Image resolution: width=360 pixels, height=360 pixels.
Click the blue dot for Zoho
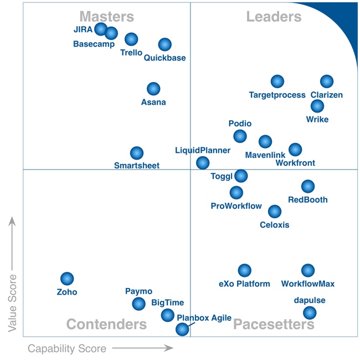click(67, 279)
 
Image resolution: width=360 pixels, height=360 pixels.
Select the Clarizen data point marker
click(327, 81)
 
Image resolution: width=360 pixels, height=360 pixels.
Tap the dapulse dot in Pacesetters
click(310, 313)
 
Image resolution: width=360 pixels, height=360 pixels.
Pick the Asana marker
click(153, 89)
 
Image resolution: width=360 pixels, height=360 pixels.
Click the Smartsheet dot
click(137, 153)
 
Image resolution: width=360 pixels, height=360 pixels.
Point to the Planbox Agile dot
click(182, 330)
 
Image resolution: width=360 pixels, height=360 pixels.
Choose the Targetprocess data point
click(277, 81)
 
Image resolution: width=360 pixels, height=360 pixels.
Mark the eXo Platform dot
click(244, 270)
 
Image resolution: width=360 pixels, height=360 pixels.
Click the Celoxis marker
click(275, 211)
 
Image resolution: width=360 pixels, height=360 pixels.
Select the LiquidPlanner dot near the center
click(203, 163)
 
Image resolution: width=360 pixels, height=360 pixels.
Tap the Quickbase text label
click(164, 58)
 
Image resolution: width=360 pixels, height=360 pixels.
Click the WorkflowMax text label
click(308, 284)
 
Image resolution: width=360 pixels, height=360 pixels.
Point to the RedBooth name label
click(308, 200)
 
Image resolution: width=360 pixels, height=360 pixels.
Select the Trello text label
click(131, 53)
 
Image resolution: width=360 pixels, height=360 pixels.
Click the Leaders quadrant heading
click(274, 17)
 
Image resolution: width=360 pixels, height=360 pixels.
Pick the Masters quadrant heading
click(106, 17)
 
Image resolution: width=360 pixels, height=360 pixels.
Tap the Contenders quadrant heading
click(106, 324)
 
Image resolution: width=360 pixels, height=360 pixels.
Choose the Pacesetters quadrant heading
click(274, 324)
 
